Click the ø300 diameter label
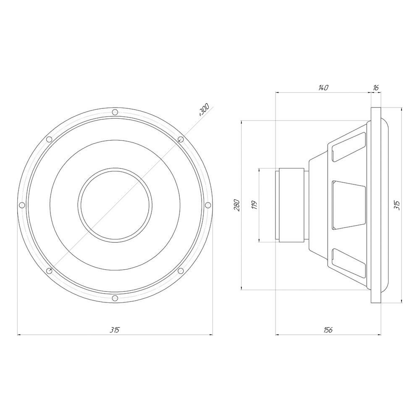pyautogui.click(x=204, y=110)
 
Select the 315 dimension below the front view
pyautogui.click(x=114, y=330)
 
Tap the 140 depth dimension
pyautogui.click(x=323, y=88)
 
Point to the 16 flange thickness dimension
pyautogui.click(x=376, y=88)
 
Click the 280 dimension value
pyautogui.click(x=237, y=205)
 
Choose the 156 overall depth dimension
pyautogui.click(x=328, y=330)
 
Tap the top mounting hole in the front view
pyautogui.click(x=115, y=112)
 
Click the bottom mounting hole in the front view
pyautogui.click(x=115, y=298)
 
